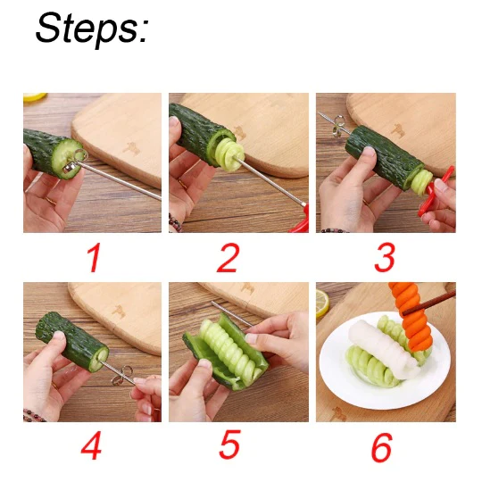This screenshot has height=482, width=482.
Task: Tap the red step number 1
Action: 94,258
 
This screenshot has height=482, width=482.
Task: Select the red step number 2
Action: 228,258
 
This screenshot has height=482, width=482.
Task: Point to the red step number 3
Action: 384,258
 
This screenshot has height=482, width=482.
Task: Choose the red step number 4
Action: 91,445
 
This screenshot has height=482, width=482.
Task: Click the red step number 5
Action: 229,445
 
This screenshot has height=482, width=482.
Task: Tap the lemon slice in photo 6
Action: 322,303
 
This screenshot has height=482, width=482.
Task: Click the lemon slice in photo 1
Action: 35,97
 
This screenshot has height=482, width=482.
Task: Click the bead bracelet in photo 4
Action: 34,415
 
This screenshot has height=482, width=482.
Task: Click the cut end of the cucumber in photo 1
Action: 67,159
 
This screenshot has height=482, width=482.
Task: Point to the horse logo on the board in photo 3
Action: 399,129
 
